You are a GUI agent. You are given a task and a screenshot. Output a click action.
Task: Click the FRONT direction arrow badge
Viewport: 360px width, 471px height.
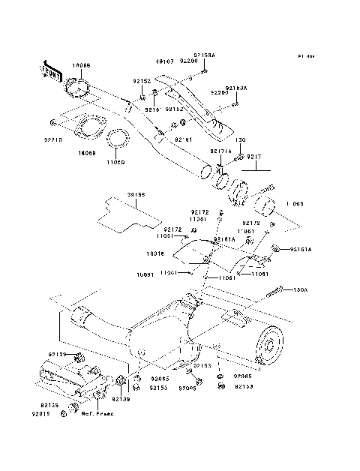52,70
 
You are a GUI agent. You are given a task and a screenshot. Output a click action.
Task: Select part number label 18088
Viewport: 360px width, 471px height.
81,66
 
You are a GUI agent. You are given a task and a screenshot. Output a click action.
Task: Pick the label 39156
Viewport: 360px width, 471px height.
136,194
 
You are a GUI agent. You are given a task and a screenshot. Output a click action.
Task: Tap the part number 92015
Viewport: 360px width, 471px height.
41,412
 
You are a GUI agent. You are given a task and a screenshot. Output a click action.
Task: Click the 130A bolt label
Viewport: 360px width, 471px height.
300,289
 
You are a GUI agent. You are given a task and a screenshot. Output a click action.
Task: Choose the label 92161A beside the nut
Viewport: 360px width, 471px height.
301,248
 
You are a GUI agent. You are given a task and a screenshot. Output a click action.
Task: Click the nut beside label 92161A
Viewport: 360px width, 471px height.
277,248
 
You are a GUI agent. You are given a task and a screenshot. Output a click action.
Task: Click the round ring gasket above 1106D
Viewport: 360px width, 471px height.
118,139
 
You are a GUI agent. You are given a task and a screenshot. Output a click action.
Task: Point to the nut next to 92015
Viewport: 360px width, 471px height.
72,406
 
